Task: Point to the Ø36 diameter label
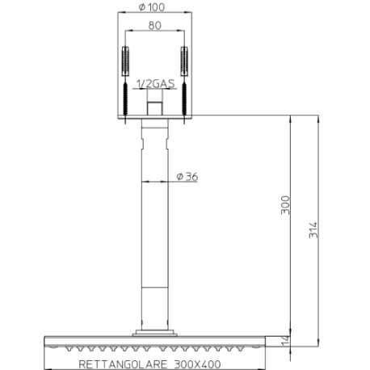pyautogui.click(x=187, y=178)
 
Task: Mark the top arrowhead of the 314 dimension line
pyautogui.click(x=322, y=119)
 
